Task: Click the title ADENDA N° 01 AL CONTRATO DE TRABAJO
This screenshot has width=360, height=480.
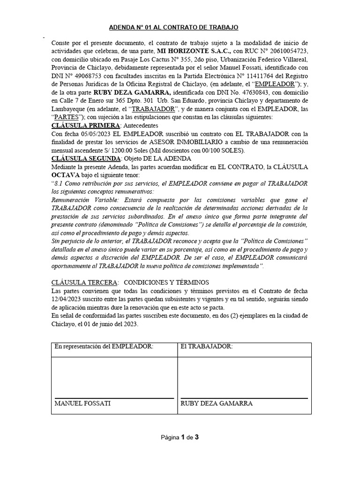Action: (x=180, y=28)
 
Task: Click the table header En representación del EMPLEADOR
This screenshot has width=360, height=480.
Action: (x=104, y=346)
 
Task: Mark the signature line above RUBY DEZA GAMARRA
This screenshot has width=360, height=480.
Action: (x=244, y=398)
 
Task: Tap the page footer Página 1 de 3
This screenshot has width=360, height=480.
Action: (x=180, y=438)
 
